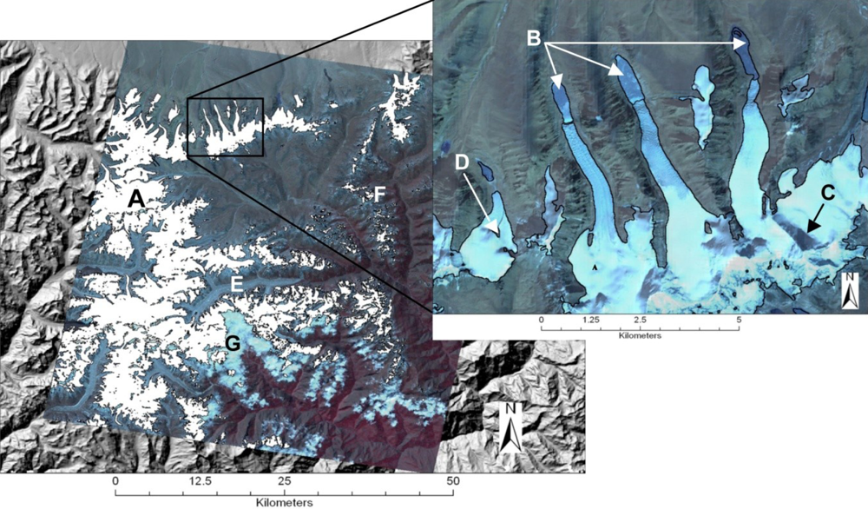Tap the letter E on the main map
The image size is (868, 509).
tap(236, 284)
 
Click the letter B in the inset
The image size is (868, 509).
tap(535, 37)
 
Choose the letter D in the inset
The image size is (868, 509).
tap(462, 162)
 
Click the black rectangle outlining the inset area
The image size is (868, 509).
tap(226, 128)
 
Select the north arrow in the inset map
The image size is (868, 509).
tap(851, 288)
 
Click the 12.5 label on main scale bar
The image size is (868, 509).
tap(198, 481)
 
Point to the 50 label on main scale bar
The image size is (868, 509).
tap(450, 481)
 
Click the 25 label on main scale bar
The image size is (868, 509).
tap(283, 481)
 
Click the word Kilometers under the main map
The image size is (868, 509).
tap(284, 502)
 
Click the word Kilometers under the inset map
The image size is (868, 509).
tap(641, 333)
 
